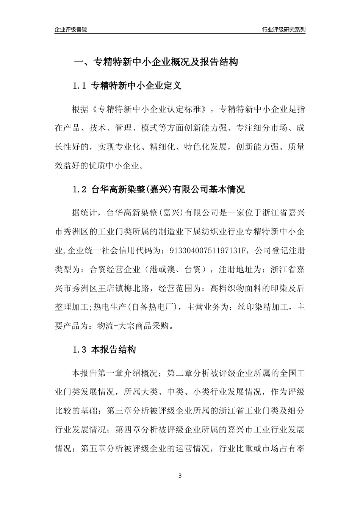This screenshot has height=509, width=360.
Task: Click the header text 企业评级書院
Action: (71, 30)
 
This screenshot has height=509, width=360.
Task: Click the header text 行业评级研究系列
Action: (283, 30)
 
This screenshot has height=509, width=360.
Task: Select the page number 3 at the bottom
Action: (180, 476)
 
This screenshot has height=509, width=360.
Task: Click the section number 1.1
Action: (80, 86)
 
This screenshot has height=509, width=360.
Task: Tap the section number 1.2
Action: (80, 189)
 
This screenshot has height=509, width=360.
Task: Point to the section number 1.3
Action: (80, 350)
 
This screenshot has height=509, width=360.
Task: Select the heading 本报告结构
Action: (114, 350)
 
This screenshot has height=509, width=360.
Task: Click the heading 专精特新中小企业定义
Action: (136, 86)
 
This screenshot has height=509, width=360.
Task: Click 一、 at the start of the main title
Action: (83, 62)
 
